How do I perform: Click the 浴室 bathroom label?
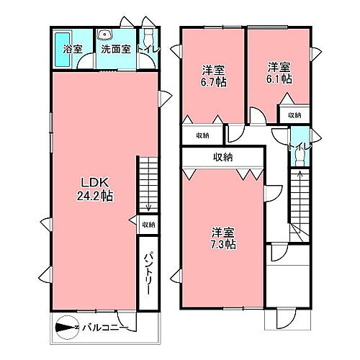[x=72, y=50]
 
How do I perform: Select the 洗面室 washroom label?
[x=114, y=50]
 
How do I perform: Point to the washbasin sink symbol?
[x=105, y=33]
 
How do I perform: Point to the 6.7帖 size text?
[x=212, y=81]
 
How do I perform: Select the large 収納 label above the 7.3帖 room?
[x=223, y=157]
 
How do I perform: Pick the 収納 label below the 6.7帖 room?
[x=202, y=135]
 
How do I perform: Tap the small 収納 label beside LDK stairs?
[x=148, y=224]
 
